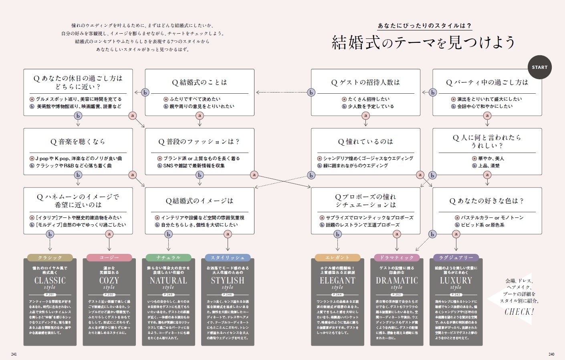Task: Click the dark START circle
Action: (x=539, y=67)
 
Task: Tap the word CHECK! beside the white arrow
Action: (x=519, y=312)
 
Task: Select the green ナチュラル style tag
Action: (x=168, y=257)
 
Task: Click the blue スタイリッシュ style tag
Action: (x=228, y=257)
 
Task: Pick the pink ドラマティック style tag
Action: (x=397, y=257)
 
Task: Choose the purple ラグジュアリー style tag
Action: (x=456, y=257)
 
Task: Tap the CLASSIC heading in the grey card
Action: (x=50, y=280)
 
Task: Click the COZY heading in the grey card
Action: (x=109, y=280)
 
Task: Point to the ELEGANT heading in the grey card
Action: (x=337, y=280)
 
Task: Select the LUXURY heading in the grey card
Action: (x=456, y=280)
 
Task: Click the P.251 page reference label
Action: (x=50, y=295)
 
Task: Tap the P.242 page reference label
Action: (x=456, y=295)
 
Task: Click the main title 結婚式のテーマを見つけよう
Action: (x=423, y=42)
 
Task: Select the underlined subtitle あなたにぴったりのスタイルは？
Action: (x=424, y=26)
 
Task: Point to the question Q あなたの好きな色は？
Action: (x=487, y=201)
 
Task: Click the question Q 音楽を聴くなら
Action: (x=78, y=142)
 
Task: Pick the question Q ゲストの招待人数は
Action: (x=365, y=82)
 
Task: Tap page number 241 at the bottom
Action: (x=14, y=354)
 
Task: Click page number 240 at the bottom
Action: (x=551, y=354)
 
